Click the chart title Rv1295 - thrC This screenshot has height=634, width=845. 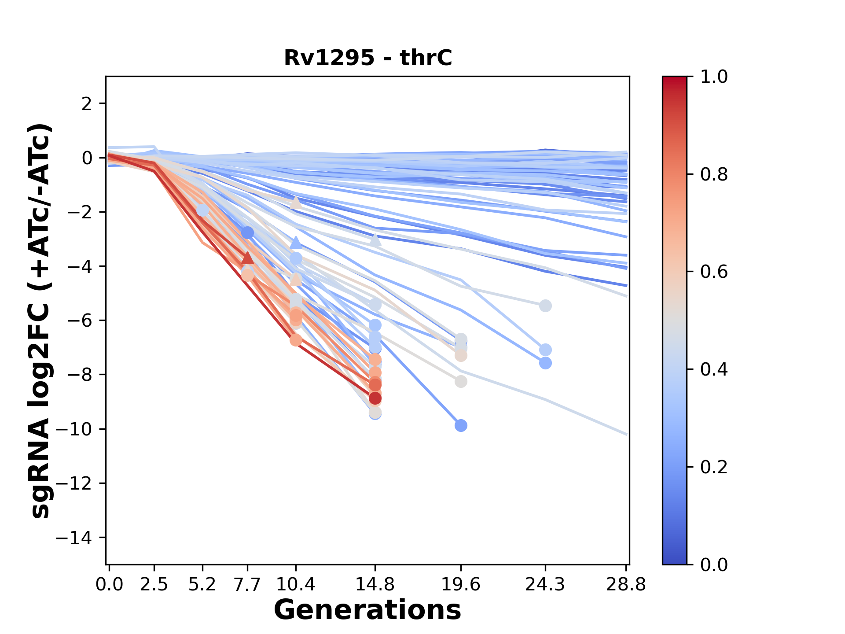pos(368,58)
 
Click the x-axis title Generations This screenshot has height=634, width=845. pos(367,610)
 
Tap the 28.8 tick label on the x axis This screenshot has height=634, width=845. pos(626,585)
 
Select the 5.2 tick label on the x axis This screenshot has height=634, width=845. pos(202,585)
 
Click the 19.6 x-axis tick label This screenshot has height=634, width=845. pos(460,585)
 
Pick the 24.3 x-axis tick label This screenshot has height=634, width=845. pos(545,585)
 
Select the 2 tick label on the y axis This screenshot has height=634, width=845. pos(87,104)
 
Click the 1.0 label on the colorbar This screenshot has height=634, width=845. pos(714,77)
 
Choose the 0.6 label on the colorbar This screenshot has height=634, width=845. pos(714,272)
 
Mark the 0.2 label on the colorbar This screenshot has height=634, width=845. pos(714,467)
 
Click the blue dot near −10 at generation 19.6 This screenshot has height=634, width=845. pos(461,426)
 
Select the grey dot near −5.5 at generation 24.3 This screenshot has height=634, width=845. pos(545,306)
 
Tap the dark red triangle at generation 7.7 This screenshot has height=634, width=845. pos(248,258)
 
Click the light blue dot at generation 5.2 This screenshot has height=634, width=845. pos(202,210)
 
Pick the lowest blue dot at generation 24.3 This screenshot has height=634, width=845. pos(545,363)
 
